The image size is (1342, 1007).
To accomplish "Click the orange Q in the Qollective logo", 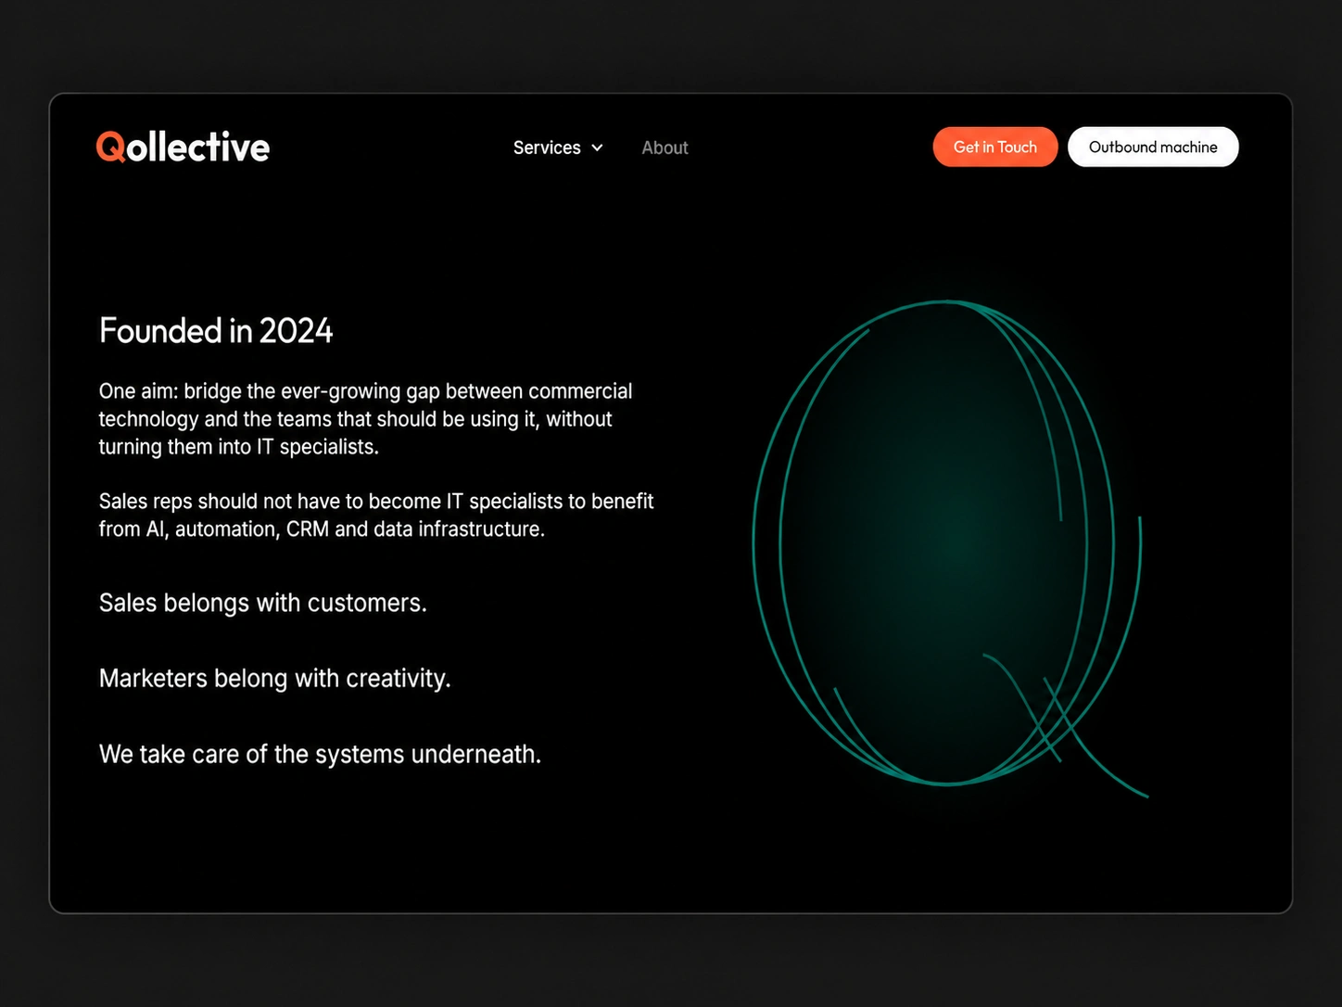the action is pos(111,147).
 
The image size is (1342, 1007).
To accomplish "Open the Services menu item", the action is pos(547,148).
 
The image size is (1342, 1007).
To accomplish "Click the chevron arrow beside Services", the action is pos(598,148).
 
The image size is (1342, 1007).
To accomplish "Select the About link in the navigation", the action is pos(665,148).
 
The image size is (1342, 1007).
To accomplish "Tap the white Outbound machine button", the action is pos(1153,147).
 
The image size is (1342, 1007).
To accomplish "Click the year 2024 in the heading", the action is pos(296,331).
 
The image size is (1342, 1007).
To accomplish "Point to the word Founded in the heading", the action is pos(160,331).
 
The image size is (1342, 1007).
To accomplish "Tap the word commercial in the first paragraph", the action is pos(580,391).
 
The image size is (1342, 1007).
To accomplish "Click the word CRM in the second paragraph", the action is pos(308,529).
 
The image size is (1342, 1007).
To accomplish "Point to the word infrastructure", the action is pos(481,529).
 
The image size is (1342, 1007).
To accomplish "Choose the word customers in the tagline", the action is pos(367,604).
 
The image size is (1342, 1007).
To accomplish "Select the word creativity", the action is pos(398,679).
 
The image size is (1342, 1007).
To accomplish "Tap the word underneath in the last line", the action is pos(475,755).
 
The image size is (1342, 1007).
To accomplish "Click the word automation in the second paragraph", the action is pos(227,529).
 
